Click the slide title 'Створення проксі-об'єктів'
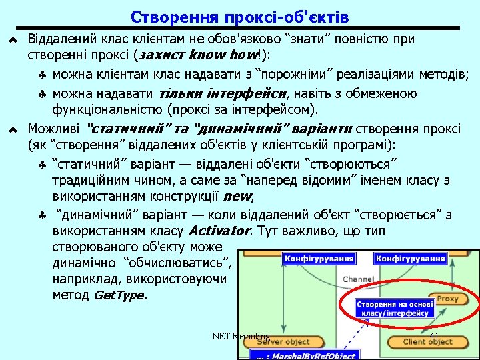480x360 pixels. (x=239, y=16)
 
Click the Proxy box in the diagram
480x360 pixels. (x=447, y=299)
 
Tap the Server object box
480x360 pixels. (x=283, y=342)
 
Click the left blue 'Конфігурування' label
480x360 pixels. (x=311, y=258)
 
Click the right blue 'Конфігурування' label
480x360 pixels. (x=411, y=258)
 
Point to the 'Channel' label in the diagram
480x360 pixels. (x=358, y=279)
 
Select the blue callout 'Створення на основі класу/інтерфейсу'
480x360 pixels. (x=395, y=307)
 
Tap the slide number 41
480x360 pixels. (x=434, y=336)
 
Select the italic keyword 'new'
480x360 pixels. (x=238, y=197)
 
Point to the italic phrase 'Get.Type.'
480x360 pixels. (x=120, y=295)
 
